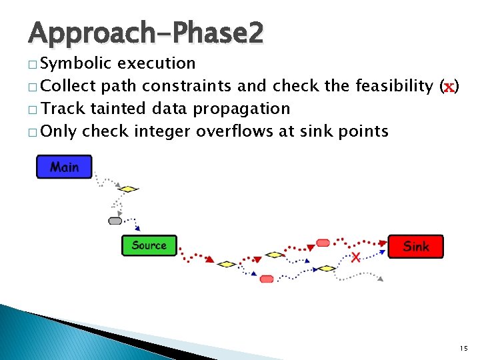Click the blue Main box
(64, 167)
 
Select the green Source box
(149, 245)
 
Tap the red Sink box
(415, 247)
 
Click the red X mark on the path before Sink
(356, 257)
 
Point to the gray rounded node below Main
(115, 221)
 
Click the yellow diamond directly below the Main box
(128, 189)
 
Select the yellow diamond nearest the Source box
(227, 264)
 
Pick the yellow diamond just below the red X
(325, 268)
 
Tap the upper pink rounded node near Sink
(323, 243)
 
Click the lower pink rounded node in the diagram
(267, 279)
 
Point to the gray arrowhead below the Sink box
(380, 279)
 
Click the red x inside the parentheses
(449, 86)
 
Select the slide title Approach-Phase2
(146, 32)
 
